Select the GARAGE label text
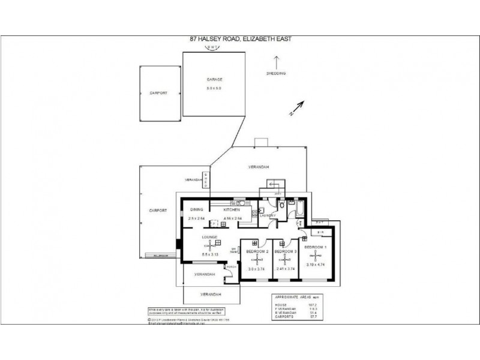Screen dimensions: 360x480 point(215,79)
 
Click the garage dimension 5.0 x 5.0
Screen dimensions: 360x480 point(215,88)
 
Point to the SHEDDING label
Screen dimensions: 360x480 point(276,73)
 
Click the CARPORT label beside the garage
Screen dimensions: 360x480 point(158,93)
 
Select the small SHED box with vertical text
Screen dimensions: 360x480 point(208,179)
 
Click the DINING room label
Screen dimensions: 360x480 point(197,209)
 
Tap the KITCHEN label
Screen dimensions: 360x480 point(232,209)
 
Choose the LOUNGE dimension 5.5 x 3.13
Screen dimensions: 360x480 point(210,254)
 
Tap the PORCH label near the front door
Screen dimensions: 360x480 point(232,266)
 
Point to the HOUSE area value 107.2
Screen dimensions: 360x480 point(313,305)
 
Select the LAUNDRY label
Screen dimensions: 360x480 point(268,215)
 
